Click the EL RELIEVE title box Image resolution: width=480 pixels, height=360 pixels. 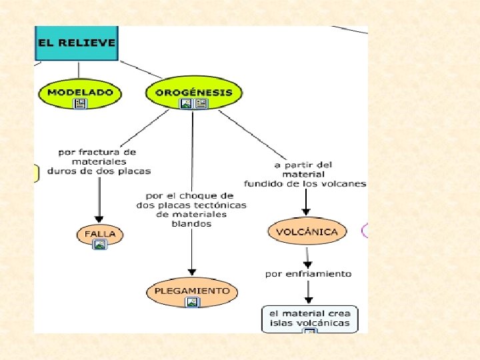point(76,43)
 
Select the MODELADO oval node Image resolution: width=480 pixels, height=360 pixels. point(80,92)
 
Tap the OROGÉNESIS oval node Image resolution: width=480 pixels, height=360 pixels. point(193,92)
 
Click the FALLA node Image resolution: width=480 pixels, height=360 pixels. point(100,234)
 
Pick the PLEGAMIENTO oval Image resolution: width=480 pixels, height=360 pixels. point(192,291)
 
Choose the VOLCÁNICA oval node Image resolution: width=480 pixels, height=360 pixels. point(307,232)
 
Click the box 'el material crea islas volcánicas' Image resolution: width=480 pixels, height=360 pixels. point(309,318)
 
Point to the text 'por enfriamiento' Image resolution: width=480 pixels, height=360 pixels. point(308,273)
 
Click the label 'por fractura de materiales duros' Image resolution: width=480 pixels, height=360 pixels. point(99,161)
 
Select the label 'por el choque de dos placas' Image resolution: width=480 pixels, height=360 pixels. point(191,209)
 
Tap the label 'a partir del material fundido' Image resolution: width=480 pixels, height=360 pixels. point(305,174)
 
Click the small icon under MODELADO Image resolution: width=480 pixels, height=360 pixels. point(80,103)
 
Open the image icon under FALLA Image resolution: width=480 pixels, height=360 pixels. point(100,245)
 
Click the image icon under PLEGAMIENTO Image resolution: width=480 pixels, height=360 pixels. point(193,302)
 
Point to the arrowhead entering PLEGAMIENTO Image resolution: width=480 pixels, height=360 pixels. point(192,271)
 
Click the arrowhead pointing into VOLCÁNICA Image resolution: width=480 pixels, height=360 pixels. point(307,212)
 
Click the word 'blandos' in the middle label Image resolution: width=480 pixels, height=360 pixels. point(191,224)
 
